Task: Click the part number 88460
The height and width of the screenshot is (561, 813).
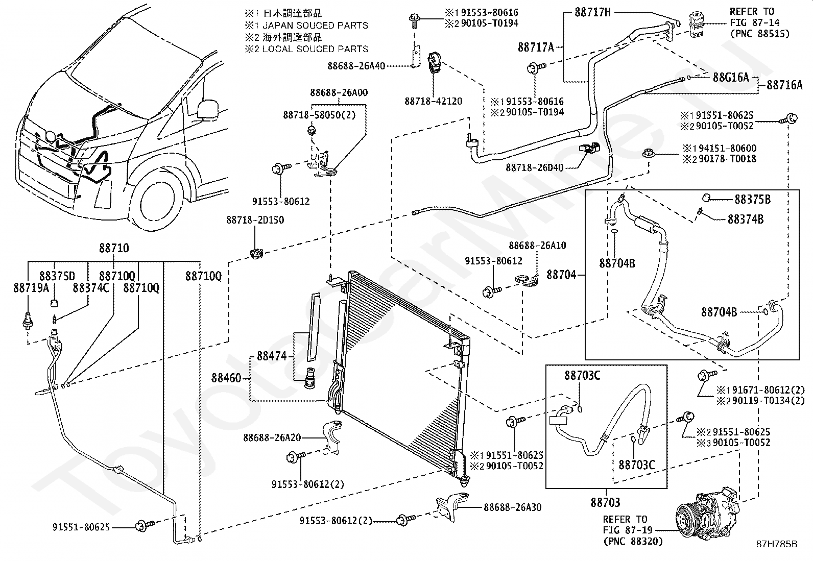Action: (226, 378)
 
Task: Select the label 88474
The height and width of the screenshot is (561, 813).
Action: (272, 356)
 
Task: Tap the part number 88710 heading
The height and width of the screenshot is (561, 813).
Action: (114, 248)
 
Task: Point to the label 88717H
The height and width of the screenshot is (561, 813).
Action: (593, 12)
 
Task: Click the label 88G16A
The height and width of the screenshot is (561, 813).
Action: (731, 77)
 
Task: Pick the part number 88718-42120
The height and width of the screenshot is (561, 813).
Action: (434, 101)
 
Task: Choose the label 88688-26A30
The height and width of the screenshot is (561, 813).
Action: (513, 507)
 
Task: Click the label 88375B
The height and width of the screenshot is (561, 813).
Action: (753, 199)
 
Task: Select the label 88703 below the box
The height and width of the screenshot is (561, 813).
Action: (605, 502)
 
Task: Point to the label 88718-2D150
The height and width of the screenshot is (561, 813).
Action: (255, 220)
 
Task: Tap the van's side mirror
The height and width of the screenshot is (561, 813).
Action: (208, 109)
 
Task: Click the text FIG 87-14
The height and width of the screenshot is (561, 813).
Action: (755, 22)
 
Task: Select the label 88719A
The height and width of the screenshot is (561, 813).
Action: (31, 288)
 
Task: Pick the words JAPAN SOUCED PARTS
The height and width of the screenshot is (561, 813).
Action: (315, 26)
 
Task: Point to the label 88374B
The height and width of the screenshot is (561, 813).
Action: (746, 219)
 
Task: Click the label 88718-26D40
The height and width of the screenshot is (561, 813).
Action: (535, 167)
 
